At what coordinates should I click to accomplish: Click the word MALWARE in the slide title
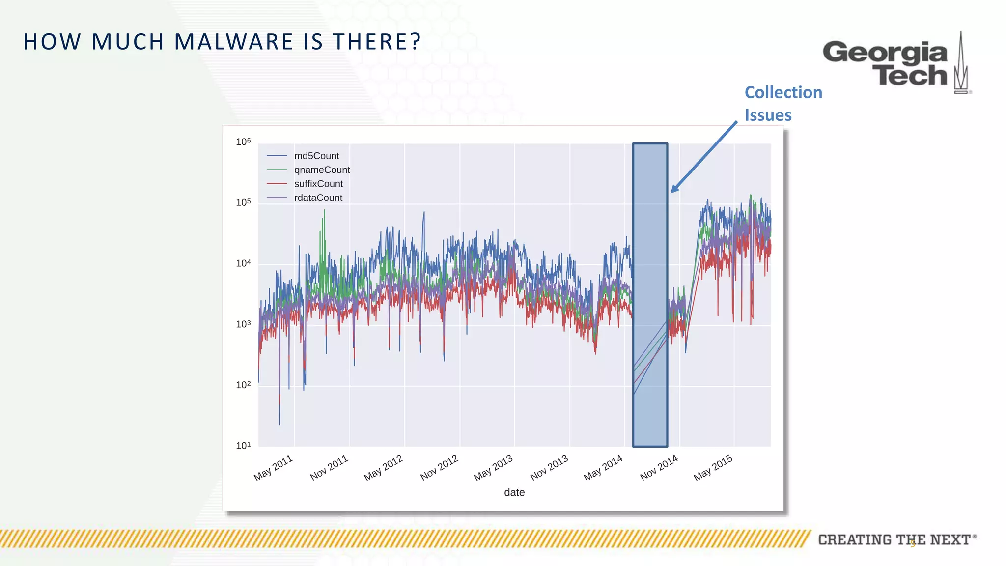233,42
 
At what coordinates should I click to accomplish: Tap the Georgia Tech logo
896,63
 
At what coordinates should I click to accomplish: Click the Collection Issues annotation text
783,103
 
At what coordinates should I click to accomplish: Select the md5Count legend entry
316,156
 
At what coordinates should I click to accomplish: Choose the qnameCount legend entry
321,170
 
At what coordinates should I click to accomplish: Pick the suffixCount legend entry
318,184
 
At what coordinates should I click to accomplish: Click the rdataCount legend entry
318,198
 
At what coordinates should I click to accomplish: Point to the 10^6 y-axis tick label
243,142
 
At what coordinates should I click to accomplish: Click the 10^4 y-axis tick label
243,263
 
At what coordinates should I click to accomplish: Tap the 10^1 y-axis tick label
243,446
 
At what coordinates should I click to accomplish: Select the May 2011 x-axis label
273,468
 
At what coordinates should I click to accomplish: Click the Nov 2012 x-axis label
439,468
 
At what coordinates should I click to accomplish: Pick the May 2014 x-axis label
603,468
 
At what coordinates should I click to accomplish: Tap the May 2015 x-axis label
713,468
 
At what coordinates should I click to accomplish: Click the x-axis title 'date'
514,492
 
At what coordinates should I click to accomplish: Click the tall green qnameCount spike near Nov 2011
324,231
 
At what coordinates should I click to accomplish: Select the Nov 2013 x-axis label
549,468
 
